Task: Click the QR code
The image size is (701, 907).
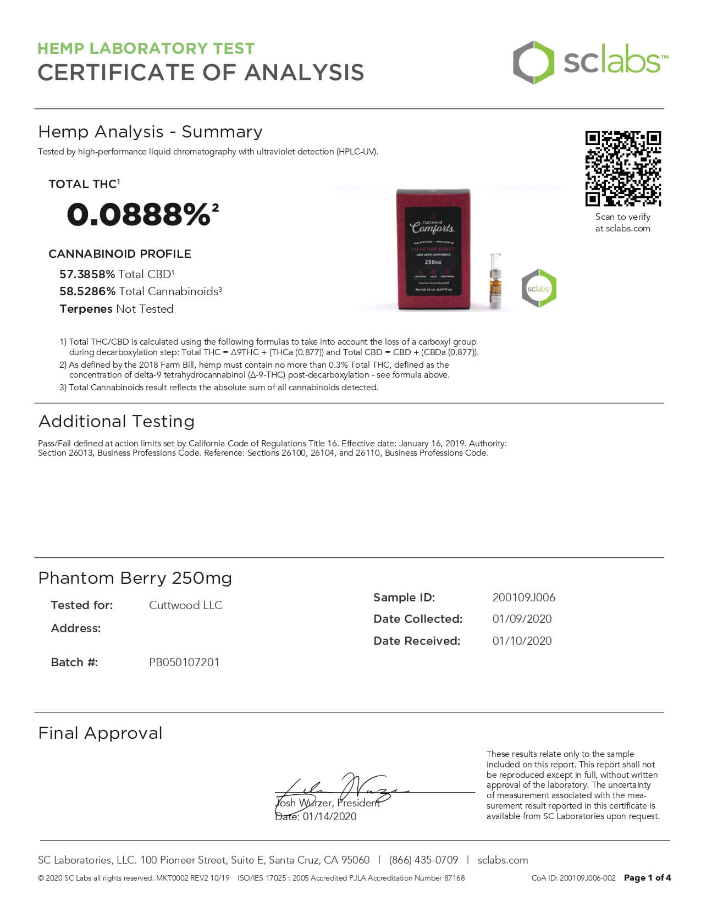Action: [x=623, y=168]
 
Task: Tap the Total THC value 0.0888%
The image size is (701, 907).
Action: [x=139, y=214]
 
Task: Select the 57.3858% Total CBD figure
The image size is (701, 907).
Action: [x=87, y=274]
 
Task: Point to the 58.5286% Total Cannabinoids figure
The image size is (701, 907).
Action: [x=87, y=291]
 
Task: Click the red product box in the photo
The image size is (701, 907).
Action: [x=433, y=250]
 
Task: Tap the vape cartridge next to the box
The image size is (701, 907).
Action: [x=496, y=280]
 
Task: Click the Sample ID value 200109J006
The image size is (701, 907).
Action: [x=523, y=598]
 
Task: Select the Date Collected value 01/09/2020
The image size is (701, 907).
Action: [x=522, y=619]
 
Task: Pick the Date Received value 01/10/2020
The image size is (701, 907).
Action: [x=522, y=641]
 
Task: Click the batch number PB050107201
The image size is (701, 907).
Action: [x=184, y=662]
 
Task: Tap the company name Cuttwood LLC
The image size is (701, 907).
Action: [x=185, y=605]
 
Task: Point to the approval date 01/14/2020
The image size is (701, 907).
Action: [x=329, y=817]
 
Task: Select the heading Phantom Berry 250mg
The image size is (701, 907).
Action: [x=135, y=578]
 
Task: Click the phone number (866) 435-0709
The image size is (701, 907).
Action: [x=423, y=860]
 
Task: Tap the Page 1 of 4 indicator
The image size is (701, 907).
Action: [x=647, y=878]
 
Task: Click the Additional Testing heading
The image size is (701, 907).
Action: [x=117, y=422]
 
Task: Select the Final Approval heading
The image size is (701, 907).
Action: [x=101, y=733]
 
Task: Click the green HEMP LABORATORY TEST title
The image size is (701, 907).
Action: [x=146, y=48]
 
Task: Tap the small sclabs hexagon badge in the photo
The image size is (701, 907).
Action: [x=539, y=288]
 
